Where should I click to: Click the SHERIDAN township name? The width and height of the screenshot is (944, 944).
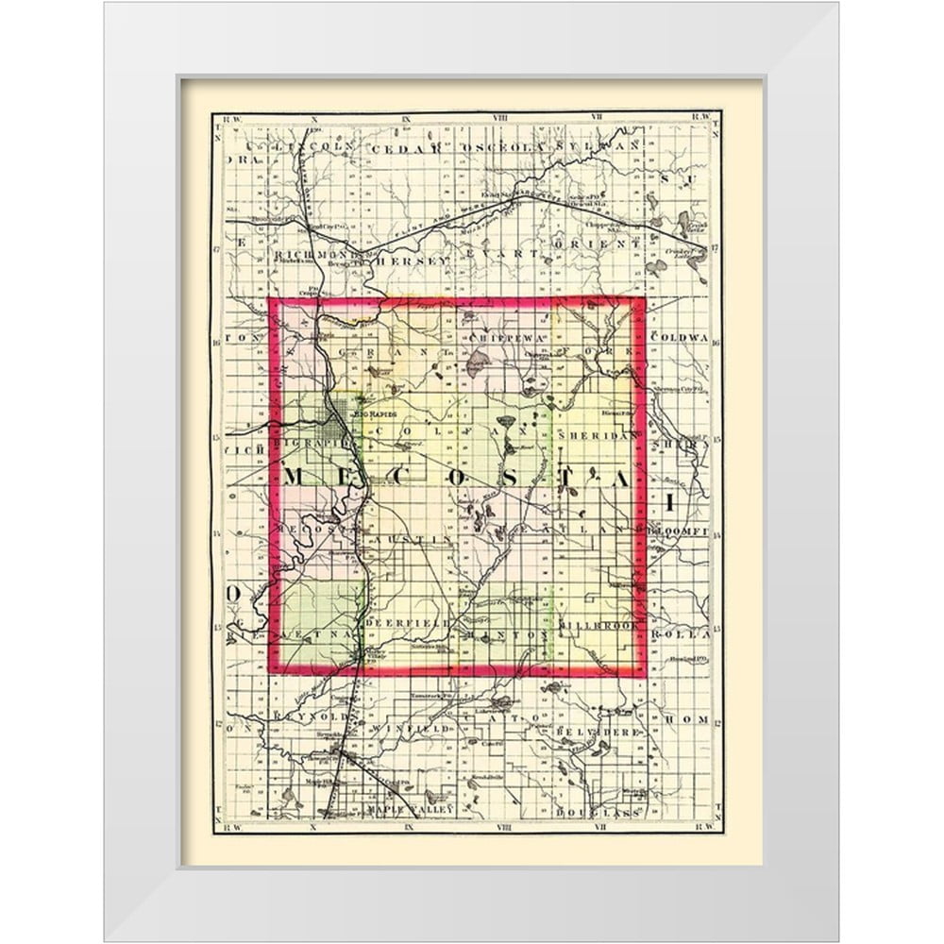tap(592, 435)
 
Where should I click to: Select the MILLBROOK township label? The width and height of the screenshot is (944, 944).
tap(598, 625)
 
